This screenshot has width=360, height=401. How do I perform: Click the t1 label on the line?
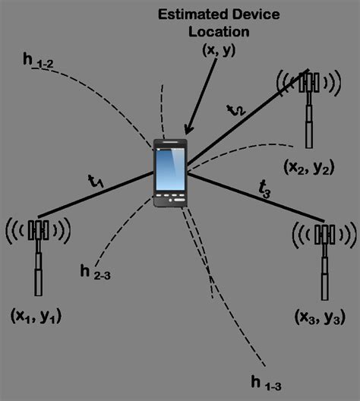[96, 182]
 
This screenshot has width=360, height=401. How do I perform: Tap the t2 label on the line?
[236, 110]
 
